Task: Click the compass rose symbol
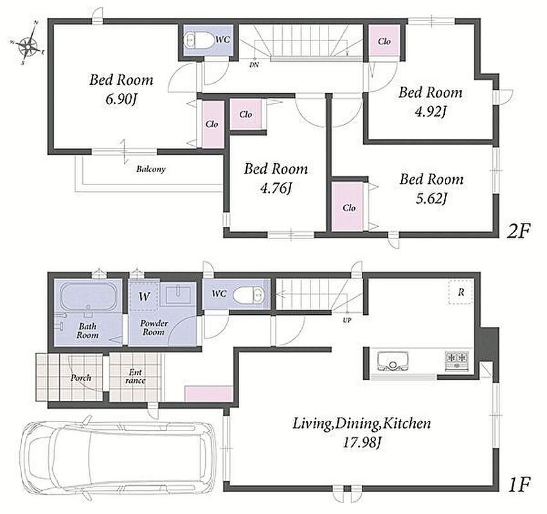(28, 43)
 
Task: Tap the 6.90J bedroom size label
(121, 100)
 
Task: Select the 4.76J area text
(276, 189)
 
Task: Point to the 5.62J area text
(431, 199)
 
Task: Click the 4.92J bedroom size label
(431, 112)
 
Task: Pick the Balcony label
(150, 170)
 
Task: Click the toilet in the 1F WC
(249, 295)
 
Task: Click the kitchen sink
(393, 362)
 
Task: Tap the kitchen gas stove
(456, 361)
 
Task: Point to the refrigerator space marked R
(461, 292)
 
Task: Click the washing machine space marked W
(144, 296)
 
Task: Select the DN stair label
(254, 64)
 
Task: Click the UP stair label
(347, 320)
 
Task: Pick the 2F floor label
(519, 231)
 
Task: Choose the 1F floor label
(519, 484)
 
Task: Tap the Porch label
(81, 378)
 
